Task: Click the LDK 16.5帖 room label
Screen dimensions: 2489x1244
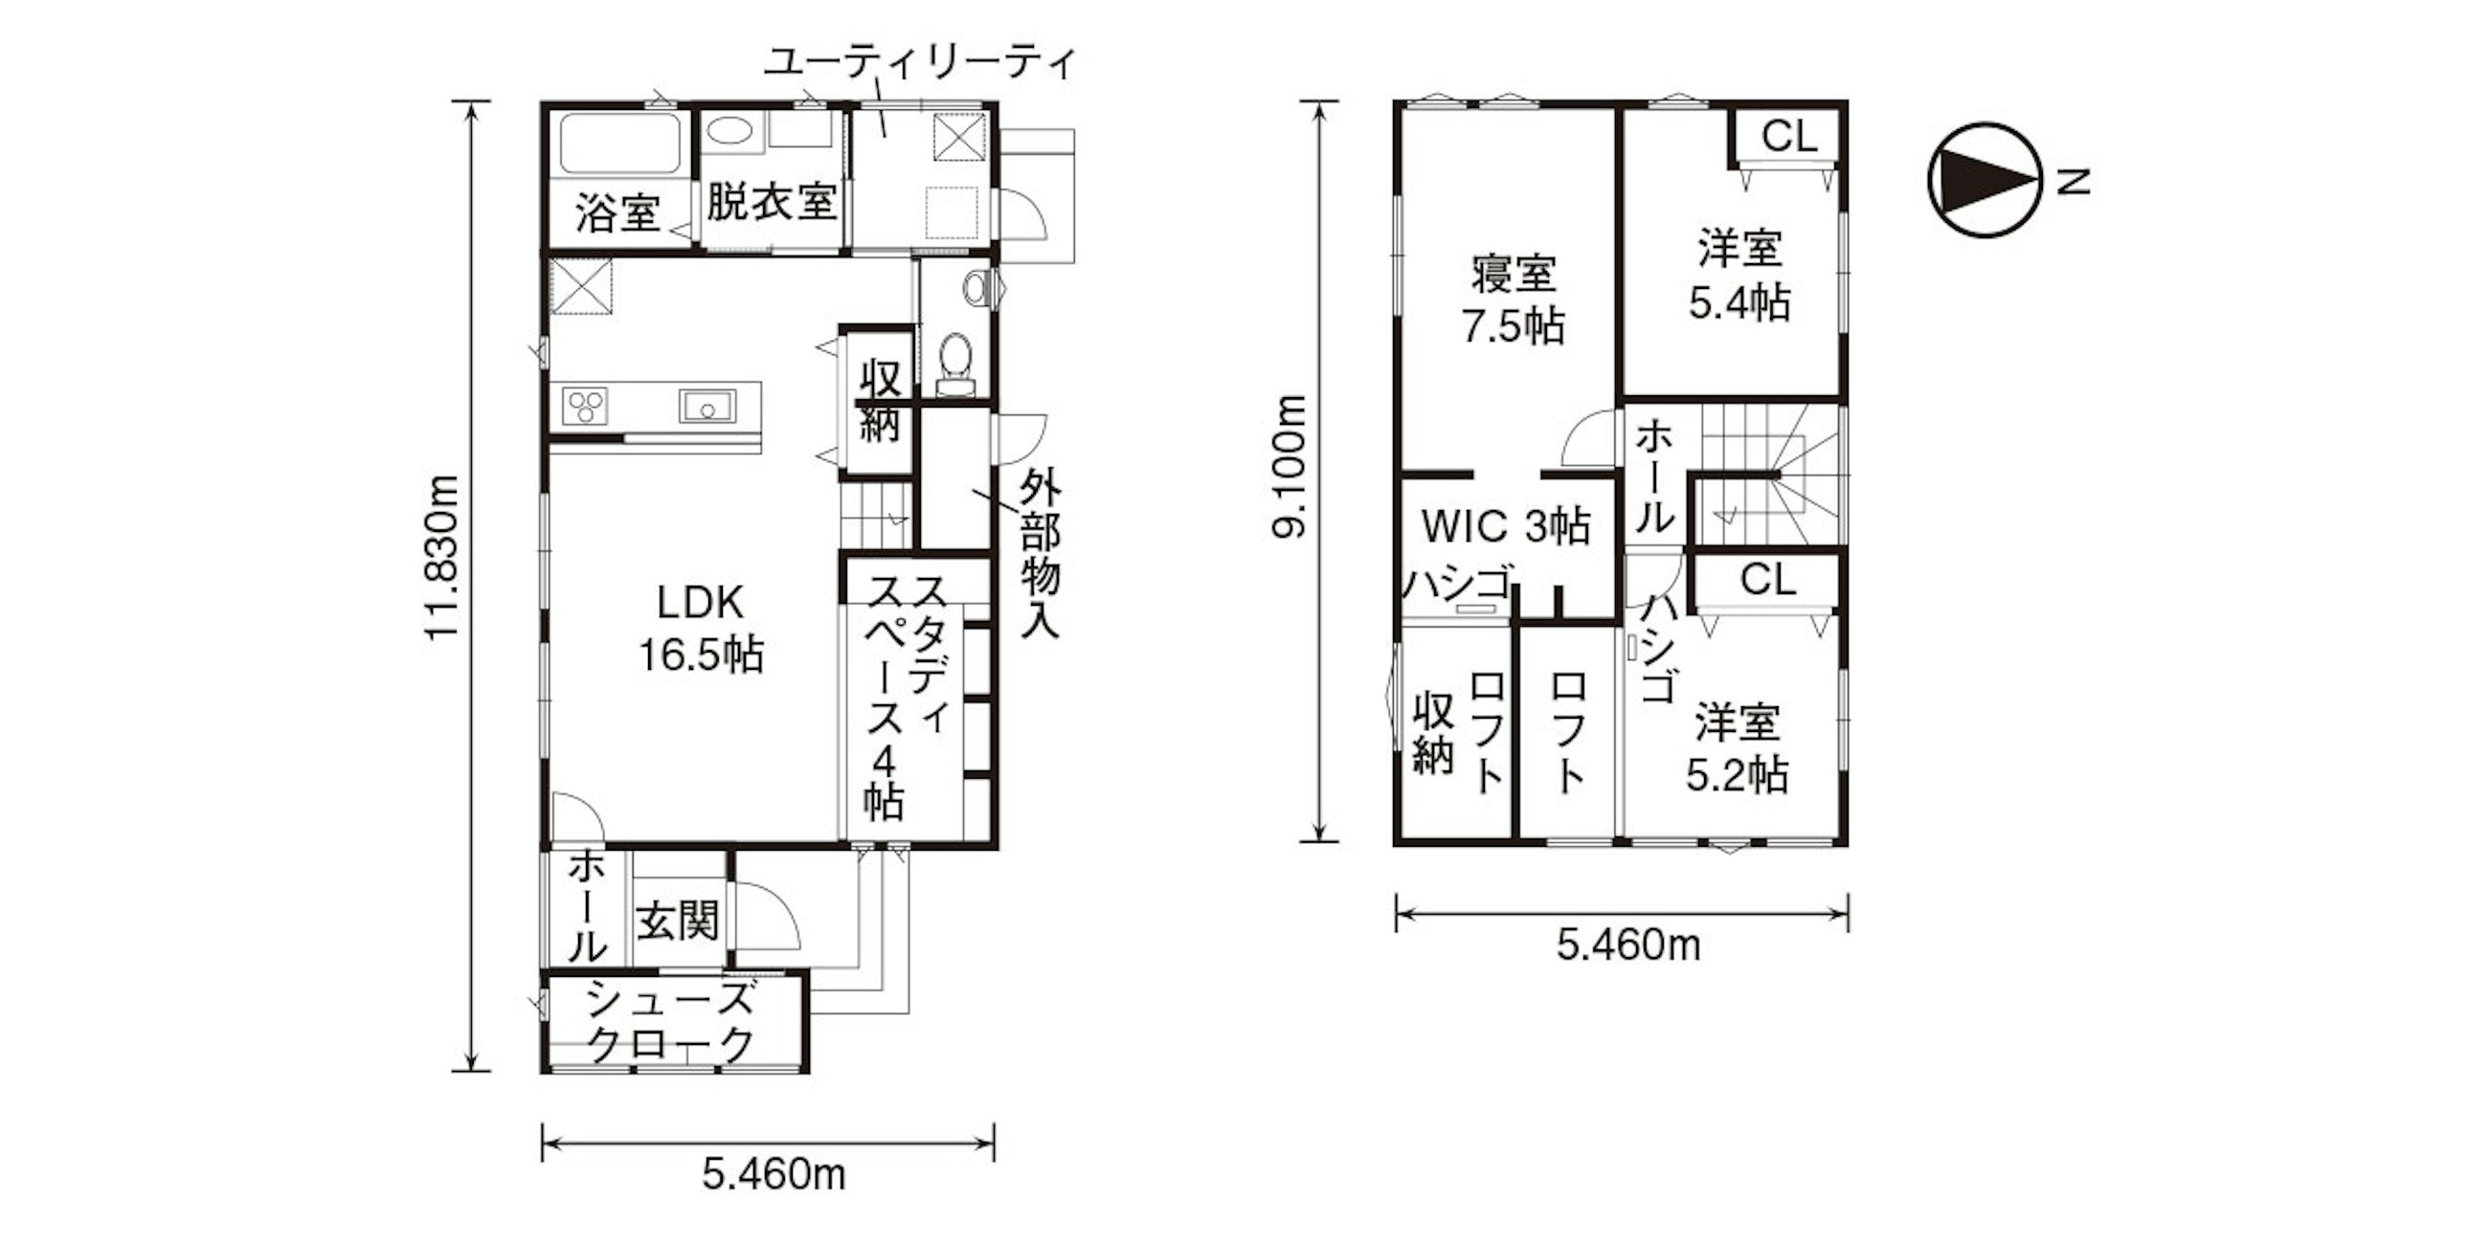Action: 701,629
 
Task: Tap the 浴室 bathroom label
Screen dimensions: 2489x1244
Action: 617,213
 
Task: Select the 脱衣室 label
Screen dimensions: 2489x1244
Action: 770,203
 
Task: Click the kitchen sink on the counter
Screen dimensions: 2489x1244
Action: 707,407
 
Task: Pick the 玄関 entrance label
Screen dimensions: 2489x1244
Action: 678,922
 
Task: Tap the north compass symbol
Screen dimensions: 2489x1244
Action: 1984,181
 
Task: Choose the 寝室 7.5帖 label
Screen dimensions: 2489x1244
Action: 1514,300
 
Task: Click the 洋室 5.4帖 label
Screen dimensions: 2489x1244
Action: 1739,276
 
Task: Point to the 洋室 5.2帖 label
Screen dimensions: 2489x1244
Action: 1738,749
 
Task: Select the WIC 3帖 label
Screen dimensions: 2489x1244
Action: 1506,526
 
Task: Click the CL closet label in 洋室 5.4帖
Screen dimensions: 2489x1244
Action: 1789,136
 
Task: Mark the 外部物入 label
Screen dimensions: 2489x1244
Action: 1041,554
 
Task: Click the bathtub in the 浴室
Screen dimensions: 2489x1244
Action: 618,144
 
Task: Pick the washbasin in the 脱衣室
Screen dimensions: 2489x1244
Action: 730,130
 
